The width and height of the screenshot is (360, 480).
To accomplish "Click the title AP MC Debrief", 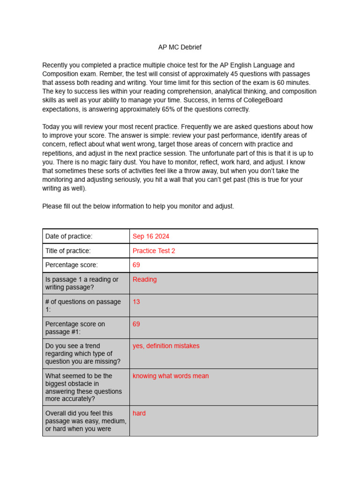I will [x=180, y=47].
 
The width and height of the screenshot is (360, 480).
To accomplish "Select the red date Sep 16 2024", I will [x=150, y=236].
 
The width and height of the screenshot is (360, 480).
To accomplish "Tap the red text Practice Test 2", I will [x=154, y=251].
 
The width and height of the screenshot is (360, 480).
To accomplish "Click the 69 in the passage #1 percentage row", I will [x=136, y=324].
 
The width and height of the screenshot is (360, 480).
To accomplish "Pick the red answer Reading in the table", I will [x=144, y=279].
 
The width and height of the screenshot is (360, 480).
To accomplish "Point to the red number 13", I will [x=136, y=302].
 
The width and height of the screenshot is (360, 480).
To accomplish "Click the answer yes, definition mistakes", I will [x=166, y=346].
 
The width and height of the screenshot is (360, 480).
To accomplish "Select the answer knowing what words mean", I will [x=171, y=376].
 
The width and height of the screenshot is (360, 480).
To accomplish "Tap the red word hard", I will [x=139, y=413].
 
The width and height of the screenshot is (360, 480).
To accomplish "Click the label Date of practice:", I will [x=69, y=236].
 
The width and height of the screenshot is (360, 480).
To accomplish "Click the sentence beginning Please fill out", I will [x=138, y=206].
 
